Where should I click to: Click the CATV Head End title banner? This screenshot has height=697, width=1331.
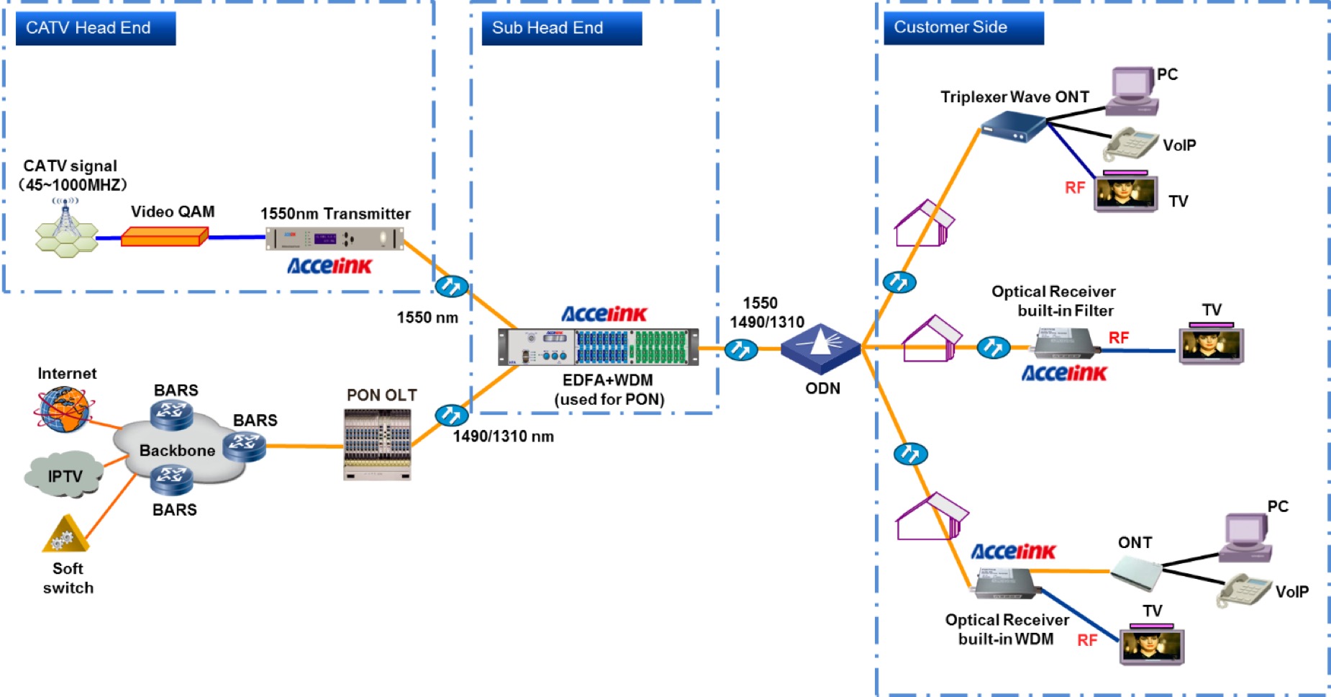click(96, 28)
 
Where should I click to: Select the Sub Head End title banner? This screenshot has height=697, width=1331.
click(561, 28)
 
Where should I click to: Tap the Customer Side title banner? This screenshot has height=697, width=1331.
click(963, 27)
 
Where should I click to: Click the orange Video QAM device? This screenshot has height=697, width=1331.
click(164, 237)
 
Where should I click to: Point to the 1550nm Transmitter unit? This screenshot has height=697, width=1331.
click(335, 238)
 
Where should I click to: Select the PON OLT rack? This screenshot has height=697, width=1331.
click(378, 444)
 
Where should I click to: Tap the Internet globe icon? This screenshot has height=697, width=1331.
click(63, 409)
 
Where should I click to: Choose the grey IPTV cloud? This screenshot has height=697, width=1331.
click(63, 475)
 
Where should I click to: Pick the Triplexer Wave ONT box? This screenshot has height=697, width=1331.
click(1014, 127)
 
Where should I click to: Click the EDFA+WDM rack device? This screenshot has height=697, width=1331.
click(598, 347)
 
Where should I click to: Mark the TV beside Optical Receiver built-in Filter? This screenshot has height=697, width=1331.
click(1211, 345)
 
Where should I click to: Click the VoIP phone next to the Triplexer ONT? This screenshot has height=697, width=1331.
click(1130, 143)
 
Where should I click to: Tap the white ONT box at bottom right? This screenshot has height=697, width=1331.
click(1136, 573)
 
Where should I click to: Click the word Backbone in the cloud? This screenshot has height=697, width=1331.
click(177, 451)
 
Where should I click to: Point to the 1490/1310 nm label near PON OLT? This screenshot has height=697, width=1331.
click(503, 436)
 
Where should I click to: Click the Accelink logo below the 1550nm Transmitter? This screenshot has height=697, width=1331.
click(330, 266)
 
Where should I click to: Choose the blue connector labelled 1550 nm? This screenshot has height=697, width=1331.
click(452, 287)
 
